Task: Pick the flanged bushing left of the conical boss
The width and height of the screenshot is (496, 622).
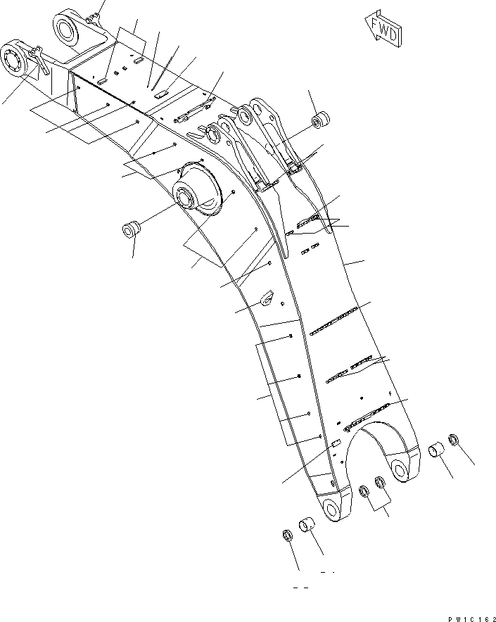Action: point(131,229)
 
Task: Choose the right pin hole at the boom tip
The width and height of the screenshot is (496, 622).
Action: point(402,471)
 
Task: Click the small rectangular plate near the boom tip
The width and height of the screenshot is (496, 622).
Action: point(336,443)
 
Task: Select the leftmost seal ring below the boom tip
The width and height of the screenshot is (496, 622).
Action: point(288,535)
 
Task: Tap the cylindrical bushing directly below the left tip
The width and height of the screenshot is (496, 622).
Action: point(309,526)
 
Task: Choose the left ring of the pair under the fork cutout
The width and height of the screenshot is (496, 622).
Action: point(364,490)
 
